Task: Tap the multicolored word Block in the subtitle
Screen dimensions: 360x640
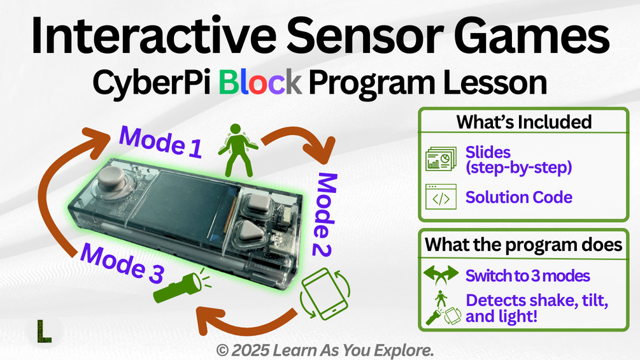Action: [260, 83]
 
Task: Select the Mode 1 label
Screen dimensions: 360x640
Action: [161, 141]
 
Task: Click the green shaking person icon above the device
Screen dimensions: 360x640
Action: [236, 149]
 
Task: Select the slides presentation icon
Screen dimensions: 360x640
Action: [441, 159]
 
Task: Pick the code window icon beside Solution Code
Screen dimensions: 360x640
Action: [441, 198]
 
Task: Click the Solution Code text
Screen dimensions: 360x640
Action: [518, 198]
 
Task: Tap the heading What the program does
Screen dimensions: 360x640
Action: [523, 244]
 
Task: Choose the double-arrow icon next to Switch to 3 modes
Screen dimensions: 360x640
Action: [441, 276]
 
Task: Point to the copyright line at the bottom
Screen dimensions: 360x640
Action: [325, 350]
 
